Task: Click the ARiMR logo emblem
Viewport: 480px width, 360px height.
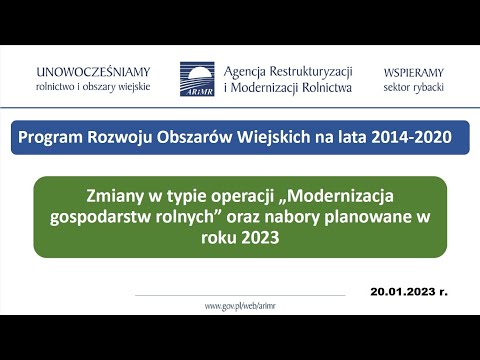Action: (x=196, y=79)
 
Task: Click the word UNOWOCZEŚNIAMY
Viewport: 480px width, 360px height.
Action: (x=92, y=72)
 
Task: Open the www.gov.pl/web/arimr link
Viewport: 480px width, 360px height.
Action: (x=239, y=305)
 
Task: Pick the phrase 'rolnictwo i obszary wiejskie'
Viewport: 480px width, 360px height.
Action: (x=92, y=88)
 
